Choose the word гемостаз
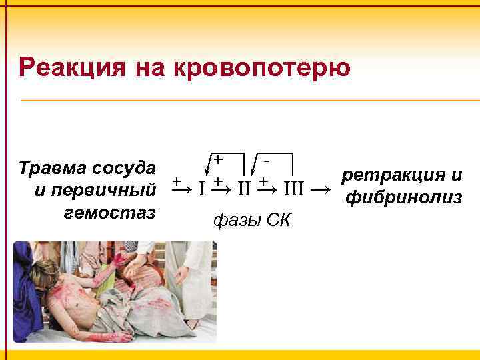(x=109, y=212)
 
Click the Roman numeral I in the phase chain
(x=201, y=189)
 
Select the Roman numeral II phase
(x=245, y=189)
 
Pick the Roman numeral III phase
(x=293, y=189)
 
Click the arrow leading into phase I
(x=181, y=189)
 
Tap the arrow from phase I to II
(x=222, y=189)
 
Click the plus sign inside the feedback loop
(x=218, y=159)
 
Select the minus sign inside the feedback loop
(x=267, y=159)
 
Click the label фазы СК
(x=251, y=219)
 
